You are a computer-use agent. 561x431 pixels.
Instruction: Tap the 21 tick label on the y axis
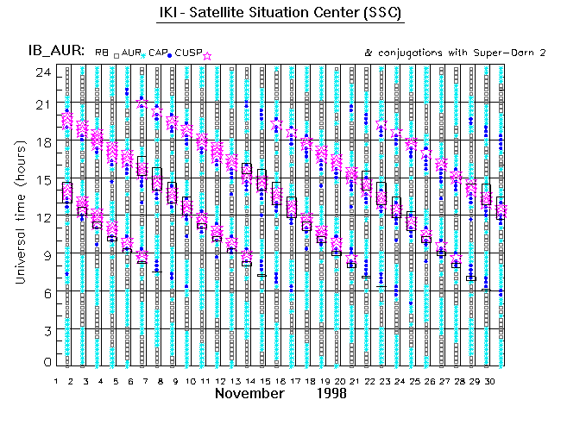click(x=41, y=104)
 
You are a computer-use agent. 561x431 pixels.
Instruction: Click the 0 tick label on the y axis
click(x=45, y=364)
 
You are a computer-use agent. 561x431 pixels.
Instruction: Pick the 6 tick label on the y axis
click(x=45, y=292)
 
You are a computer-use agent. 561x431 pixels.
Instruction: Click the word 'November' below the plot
click(x=249, y=394)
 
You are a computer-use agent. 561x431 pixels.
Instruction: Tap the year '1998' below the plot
click(x=331, y=394)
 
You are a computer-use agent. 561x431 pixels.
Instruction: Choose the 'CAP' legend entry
click(x=156, y=53)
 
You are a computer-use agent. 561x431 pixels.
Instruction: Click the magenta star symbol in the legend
click(x=207, y=54)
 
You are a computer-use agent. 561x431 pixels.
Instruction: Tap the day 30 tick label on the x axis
click(x=489, y=379)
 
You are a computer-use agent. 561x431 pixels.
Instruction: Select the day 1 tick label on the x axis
click(x=56, y=379)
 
